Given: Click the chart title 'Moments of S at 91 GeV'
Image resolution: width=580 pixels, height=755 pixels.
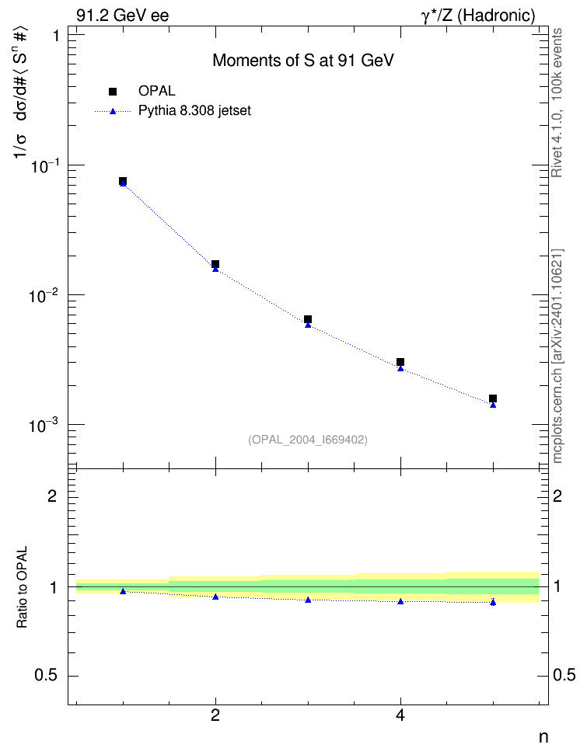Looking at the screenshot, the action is coord(302,61).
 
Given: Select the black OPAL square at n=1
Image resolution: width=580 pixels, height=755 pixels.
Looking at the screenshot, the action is coord(123,181).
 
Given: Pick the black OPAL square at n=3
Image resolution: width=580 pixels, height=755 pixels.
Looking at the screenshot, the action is coord(308,319).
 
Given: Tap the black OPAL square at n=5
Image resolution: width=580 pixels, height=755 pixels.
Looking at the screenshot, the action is coord(493,398).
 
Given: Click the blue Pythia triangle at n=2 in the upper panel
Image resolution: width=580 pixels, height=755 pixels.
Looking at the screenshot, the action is coord(215,269).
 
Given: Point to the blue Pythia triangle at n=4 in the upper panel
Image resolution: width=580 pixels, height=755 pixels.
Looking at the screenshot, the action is coord(400,368).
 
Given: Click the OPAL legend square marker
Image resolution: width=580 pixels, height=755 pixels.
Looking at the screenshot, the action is coord(113,91).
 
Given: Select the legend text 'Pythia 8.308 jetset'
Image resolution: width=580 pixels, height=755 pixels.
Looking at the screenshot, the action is coord(195,111).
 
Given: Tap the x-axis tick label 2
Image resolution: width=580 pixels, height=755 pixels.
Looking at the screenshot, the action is coord(215,715).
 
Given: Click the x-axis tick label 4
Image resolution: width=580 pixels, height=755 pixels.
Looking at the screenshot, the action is coord(400,715).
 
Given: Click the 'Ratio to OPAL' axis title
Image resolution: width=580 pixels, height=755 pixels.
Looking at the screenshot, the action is coord(23,587).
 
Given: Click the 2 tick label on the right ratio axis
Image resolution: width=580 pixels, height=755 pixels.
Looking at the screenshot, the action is coord(557,496).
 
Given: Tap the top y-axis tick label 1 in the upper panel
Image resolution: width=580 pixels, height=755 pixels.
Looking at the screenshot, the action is coord(56,36).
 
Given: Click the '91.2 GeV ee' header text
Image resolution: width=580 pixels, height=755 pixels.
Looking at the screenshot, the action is coord(123,16).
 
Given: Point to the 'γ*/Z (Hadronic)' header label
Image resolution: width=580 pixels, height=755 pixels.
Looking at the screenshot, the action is coord(478,16).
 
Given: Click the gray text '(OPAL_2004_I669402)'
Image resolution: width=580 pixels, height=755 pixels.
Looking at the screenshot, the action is coord(308,440).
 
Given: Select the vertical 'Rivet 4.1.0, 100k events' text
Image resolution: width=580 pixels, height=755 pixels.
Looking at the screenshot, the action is coord(557,103).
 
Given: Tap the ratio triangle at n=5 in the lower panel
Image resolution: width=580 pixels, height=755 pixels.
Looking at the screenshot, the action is coord(493,602).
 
